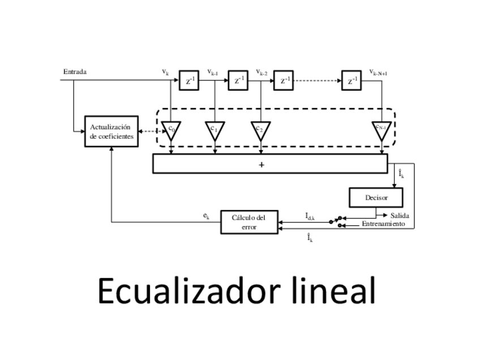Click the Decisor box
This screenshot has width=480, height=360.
[376, 198]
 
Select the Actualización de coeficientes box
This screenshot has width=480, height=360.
[111, 131]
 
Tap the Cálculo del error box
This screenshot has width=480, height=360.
[249, 222]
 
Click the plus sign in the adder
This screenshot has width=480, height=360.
[262, 165]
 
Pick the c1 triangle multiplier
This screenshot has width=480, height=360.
[215, 129]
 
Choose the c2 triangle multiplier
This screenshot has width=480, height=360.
[260, 129]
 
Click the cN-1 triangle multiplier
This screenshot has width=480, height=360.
[381, 129]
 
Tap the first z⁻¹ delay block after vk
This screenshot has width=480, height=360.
[188, 80]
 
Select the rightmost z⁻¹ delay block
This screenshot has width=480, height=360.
[351, 80]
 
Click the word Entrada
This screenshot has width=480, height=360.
[75, 72]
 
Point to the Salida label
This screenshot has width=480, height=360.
[400, 216]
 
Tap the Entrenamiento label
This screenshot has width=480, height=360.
[383, 224]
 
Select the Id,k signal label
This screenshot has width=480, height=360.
[310, 216]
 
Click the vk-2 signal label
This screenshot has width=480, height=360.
[261, 72]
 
